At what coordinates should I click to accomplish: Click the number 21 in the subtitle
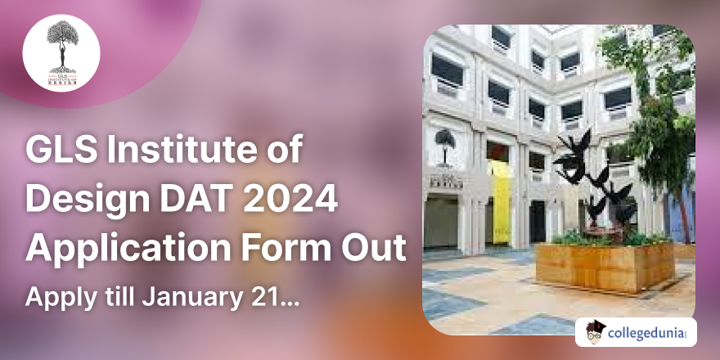[263, 295]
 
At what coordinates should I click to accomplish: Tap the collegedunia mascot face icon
[597, 331]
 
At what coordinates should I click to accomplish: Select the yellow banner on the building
[500, 196]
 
